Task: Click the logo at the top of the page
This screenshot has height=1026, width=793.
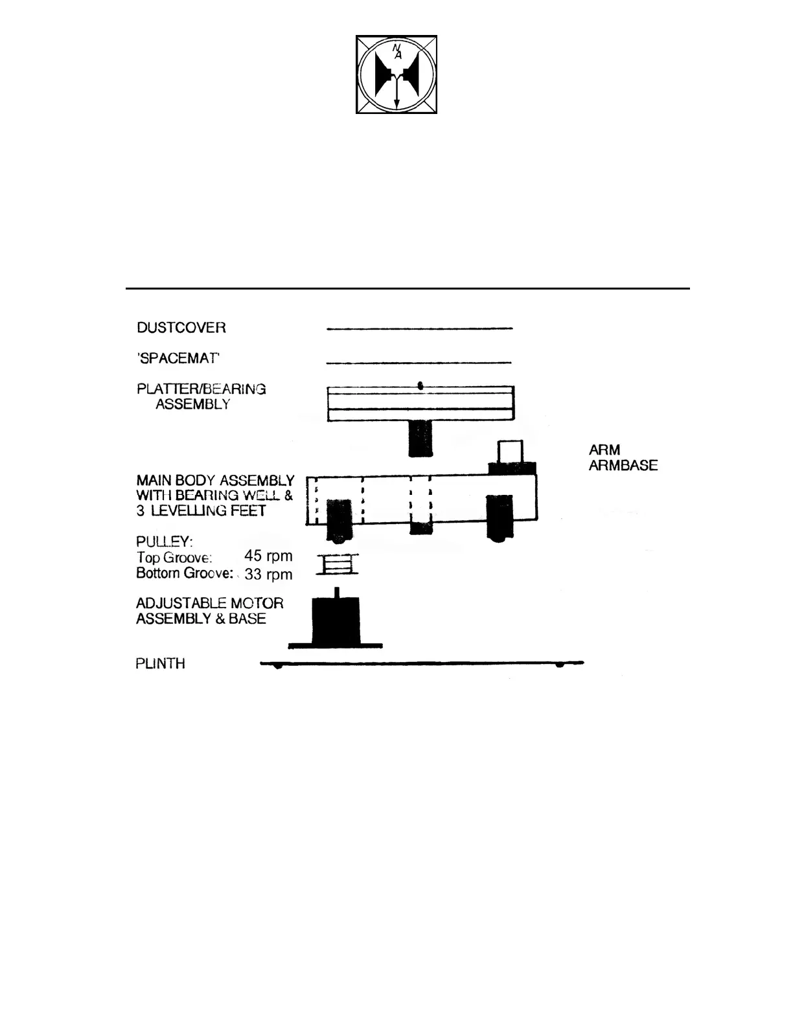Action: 396,74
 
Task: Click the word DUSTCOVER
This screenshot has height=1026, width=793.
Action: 181,328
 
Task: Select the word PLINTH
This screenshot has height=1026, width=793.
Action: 160,664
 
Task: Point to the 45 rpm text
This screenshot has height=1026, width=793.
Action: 268,556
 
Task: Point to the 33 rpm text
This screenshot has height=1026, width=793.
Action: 268,575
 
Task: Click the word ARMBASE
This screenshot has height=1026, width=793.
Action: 623,466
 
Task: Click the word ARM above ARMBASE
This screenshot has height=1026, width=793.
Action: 604,450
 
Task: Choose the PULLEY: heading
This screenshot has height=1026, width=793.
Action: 164,541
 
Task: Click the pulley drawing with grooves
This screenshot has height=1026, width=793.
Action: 337,565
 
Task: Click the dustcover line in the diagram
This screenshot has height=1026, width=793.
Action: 419,329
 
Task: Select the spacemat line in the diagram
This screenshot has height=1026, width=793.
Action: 419,363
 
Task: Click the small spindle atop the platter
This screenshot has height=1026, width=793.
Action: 420,385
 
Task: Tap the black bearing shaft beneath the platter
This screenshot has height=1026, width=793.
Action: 420,438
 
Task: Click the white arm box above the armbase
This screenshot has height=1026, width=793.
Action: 511,451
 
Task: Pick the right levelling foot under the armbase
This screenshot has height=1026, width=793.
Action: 500,518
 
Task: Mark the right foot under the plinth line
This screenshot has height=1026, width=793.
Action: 559,666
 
